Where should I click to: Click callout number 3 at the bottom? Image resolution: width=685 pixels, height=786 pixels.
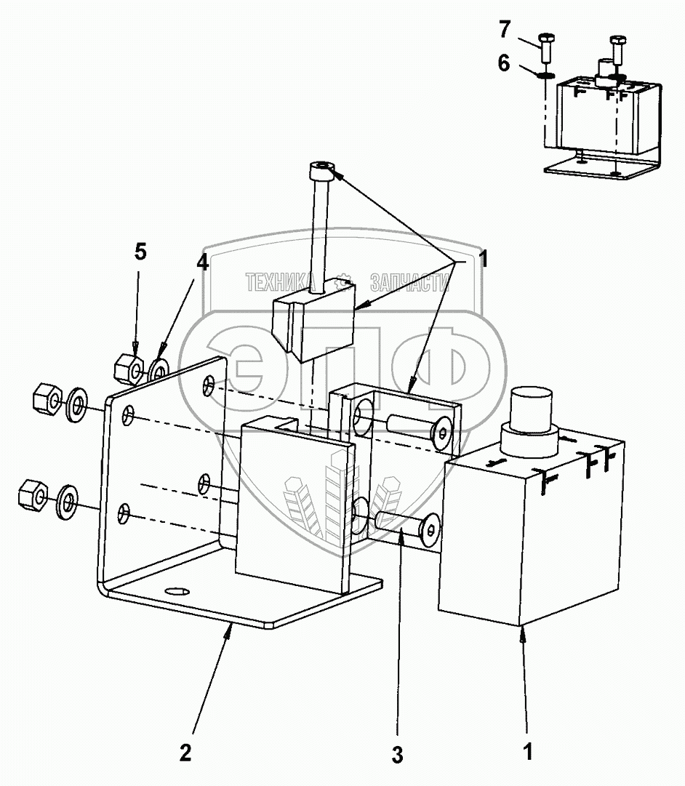[397, 755]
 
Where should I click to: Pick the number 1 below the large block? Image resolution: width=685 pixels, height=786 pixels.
[529, 750]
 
